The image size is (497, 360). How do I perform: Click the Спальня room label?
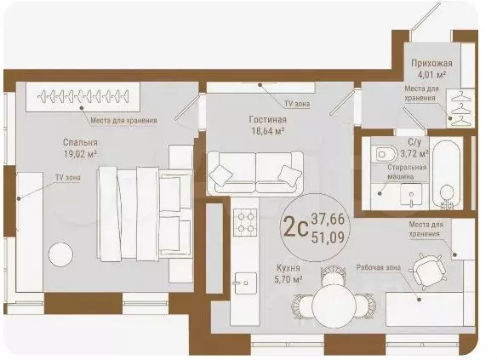point(80,142)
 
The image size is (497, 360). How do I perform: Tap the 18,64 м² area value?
point(267,131)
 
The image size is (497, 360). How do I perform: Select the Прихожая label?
point(431,63)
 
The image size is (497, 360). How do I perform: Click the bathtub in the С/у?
point(447,174)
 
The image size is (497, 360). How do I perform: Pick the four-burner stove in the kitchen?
point(245,222)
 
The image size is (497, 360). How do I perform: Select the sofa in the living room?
point(255,173)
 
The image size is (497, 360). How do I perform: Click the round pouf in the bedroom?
point(60,254)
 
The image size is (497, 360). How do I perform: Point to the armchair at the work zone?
point(427,271)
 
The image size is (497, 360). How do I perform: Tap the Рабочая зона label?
point(379,268)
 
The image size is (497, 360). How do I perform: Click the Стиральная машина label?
point(407,172)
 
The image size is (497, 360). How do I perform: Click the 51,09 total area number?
point(328,237)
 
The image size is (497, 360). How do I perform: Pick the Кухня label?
point(288,268)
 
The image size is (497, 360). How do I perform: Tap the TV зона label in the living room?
point(297,104)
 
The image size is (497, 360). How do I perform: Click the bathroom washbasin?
point(411,194)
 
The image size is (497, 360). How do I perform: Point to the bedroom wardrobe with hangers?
point(83,97)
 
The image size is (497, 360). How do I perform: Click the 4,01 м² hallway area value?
point(431,76)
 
